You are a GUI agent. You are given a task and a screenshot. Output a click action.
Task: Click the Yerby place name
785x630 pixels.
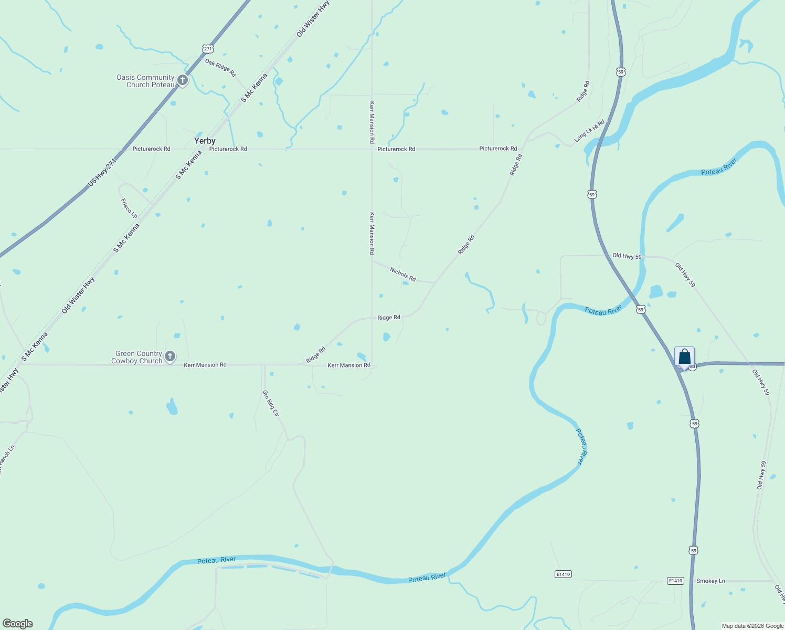tap(205, 141)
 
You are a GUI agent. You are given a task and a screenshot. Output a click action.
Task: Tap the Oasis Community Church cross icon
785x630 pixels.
tap(182, 80)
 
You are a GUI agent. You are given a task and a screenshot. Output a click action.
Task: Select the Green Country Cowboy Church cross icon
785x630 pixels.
tap(169, 356)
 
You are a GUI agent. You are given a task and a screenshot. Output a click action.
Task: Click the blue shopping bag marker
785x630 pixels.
tap(684, 357)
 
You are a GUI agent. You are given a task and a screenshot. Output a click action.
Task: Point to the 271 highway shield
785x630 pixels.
tap(208, 49)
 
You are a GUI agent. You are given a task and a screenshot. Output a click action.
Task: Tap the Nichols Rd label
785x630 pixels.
tap(402, 274)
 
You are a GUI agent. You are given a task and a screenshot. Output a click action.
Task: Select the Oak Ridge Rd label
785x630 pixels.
tap(220, 68)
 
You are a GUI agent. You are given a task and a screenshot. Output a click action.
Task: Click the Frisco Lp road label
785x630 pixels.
tap(129, 208)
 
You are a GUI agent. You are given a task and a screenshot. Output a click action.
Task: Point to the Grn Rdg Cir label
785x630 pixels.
tap(271, 403)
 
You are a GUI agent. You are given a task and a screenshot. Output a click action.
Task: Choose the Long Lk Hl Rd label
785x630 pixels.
tap(589, 131)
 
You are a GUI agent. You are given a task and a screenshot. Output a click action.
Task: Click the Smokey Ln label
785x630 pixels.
tap(710, 581)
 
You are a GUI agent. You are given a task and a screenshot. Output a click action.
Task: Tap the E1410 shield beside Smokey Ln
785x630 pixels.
tap(675, 581)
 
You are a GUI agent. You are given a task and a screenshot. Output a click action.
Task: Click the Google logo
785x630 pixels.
tap(17, 624)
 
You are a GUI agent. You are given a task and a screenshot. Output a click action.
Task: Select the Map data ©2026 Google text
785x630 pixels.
tap(752, 626)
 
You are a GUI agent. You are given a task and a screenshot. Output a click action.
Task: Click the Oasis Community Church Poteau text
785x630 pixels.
tap(145, 81)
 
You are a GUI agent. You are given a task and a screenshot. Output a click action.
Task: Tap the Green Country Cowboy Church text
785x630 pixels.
tap(137, 357)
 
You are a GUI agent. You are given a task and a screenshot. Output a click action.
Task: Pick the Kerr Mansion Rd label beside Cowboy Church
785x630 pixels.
tap(205, 364)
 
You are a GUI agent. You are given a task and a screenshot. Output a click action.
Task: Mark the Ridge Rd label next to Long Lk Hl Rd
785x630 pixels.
tap(582, 91)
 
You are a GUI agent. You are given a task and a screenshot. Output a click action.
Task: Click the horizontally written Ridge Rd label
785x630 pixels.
tap(389, 317)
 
